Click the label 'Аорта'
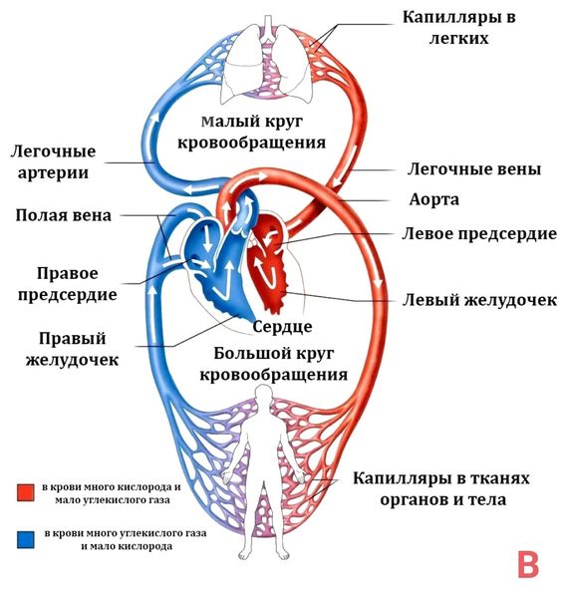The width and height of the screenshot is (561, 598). click(433, 199)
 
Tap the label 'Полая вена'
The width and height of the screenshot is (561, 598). click(64, 215)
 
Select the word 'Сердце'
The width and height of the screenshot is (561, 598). click(283, 326)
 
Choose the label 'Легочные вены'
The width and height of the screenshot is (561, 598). click(475, 168)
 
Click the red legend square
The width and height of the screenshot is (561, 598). click(26, 492)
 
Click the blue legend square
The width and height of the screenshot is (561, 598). click(26, 539)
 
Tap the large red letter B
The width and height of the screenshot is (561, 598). click(528, 564)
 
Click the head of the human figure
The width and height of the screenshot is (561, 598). click(263, 397)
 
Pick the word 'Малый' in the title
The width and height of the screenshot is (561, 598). click(225, 123)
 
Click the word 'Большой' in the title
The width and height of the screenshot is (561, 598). click(245, 354)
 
